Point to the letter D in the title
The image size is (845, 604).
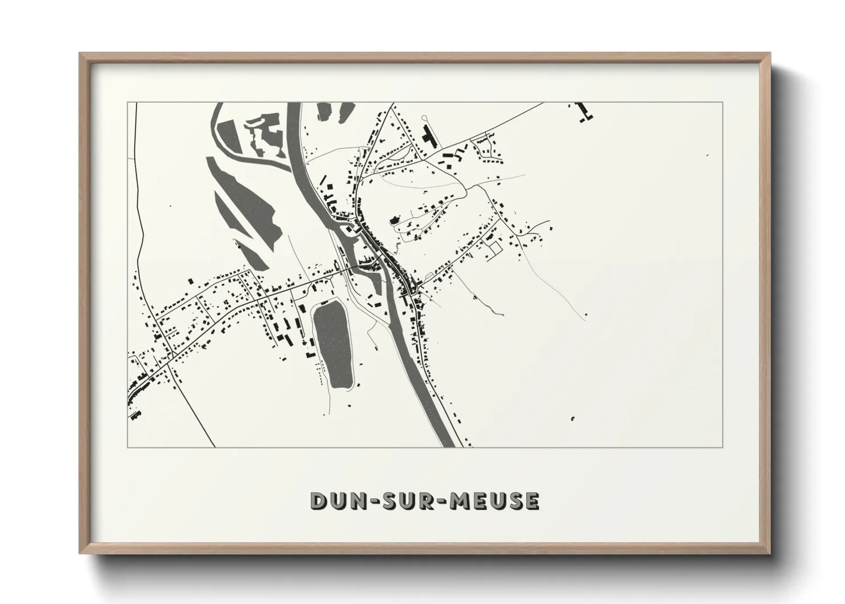(318, 501)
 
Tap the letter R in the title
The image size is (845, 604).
(429, 501)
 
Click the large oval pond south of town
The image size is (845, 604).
(333, 344)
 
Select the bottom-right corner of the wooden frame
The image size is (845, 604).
(770, 553)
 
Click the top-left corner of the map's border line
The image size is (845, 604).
(128, 103)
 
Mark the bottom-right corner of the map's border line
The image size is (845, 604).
(723, 447)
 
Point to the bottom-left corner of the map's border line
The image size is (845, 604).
(128, 447)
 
